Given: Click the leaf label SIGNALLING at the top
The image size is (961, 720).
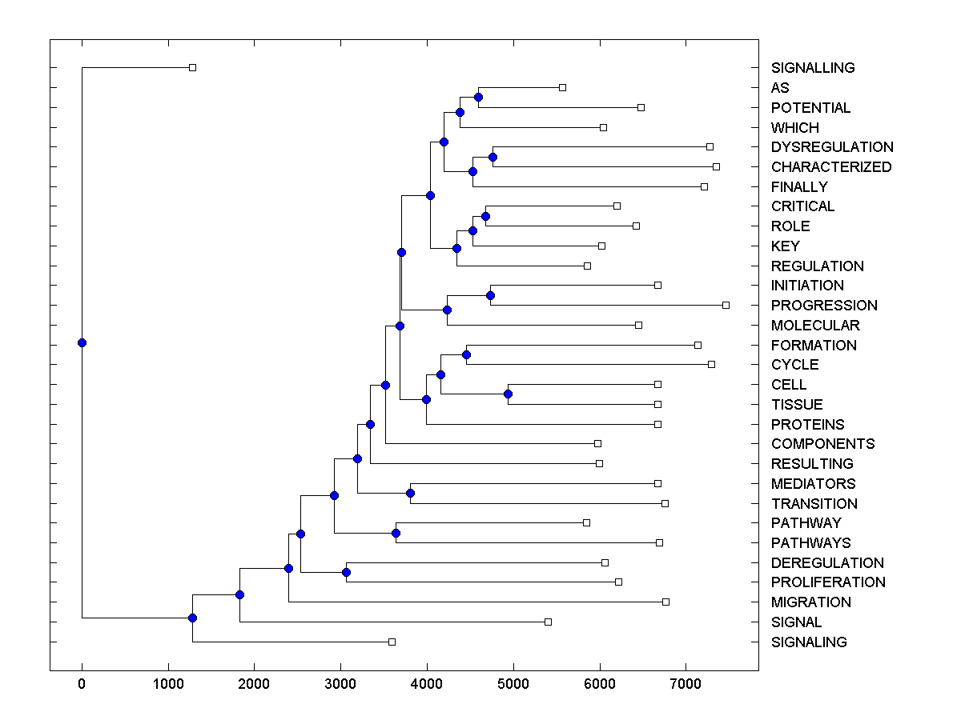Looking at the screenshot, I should tap(813, 68).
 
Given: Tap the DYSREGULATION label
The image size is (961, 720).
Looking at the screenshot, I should tap(832, 147).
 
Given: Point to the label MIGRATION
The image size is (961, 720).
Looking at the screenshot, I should tap(810, 602).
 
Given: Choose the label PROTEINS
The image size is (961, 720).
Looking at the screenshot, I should tap(807, 424).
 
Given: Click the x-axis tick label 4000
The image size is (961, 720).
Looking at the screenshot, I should tap(427, 684).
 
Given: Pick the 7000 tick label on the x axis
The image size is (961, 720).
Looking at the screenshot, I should tap(686, 684).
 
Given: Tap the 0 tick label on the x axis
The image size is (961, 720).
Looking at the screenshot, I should tap(82, 684).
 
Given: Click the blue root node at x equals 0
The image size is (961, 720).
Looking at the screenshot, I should tap(82, 342).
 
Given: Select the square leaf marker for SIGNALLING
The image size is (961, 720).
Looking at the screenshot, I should tap(192, 67).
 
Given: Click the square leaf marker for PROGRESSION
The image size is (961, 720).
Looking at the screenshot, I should tap(726, 305).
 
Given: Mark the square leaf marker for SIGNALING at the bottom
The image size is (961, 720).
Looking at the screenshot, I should tap(392, 642).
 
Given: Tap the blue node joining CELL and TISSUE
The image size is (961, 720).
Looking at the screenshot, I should tap(508, 394).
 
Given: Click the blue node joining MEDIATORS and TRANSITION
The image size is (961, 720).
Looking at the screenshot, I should tap(410, 493).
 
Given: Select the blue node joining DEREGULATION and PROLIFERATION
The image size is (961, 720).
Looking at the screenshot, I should tap(346, 572).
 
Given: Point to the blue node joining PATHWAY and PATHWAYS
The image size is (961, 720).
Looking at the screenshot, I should tap(396, 533).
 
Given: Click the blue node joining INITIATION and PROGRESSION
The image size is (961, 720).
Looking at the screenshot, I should tap(490, 295).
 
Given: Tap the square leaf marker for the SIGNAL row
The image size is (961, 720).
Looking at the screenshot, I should tap(548, 622).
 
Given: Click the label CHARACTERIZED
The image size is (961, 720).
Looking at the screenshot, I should tap(831, 167).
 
